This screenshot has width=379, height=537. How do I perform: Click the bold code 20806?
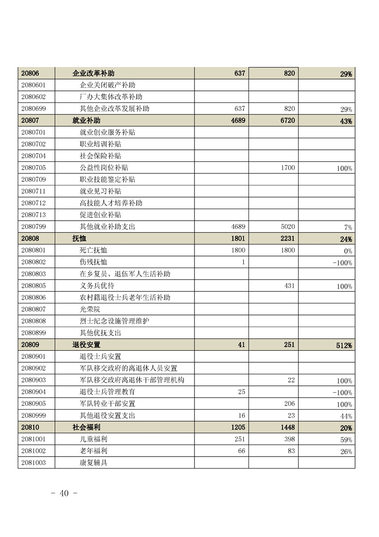pos(30,73)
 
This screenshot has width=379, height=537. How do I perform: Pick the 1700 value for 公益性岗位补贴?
pos(288,168)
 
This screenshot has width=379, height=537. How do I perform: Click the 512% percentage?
pos(344,346)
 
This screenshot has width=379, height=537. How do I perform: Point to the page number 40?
pos(64,493)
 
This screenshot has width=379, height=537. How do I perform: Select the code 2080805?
pos(33,286)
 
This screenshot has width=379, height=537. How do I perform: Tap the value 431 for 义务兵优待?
pos(290,286)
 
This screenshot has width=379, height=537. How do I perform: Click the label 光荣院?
pos(90,309)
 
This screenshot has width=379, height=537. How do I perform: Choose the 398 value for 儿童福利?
pos(289,439)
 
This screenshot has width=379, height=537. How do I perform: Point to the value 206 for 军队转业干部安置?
pos(290,404)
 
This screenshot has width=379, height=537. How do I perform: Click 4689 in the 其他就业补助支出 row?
pos(238,227)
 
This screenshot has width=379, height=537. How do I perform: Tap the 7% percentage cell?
pos(348,227)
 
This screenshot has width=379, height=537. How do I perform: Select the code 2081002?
pos(33,451)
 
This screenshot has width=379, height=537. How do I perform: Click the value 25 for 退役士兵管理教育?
pos(241,392)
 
